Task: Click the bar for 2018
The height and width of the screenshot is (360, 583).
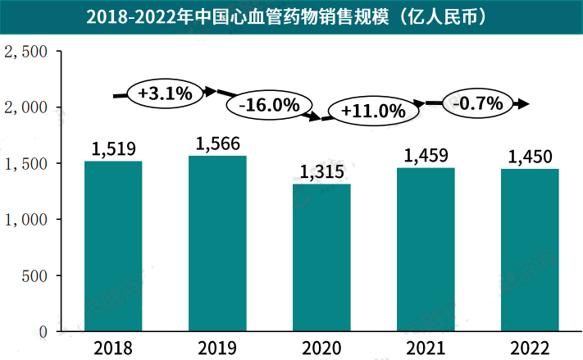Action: coord(113,246)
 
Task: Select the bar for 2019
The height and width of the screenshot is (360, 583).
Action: coord(217,244)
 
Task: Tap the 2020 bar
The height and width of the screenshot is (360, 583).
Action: coord(321,257)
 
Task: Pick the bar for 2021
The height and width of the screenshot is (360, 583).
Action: coord(426,249)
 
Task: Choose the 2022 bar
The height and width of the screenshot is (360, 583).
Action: coord(530,250)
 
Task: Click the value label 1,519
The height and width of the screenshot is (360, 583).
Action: coord(113,149)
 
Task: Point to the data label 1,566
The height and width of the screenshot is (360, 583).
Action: coord(217,144)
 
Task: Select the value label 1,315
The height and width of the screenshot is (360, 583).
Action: coord(321,172)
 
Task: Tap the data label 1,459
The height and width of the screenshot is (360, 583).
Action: coord(426,155)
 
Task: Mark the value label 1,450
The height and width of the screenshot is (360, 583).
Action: coord(530,157)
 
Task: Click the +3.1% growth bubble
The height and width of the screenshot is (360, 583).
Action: coord(165,93)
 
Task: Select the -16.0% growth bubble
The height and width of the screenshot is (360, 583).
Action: coord(268,106)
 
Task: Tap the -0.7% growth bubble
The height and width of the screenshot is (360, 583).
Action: coord(476,103)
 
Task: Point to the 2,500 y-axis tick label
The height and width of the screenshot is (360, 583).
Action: coord(26,52)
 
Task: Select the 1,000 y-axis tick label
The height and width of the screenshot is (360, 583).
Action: coord(26,220)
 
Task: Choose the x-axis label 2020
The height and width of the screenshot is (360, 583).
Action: coord(321,347)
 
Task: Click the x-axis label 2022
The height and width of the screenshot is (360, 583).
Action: coord(530,347)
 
